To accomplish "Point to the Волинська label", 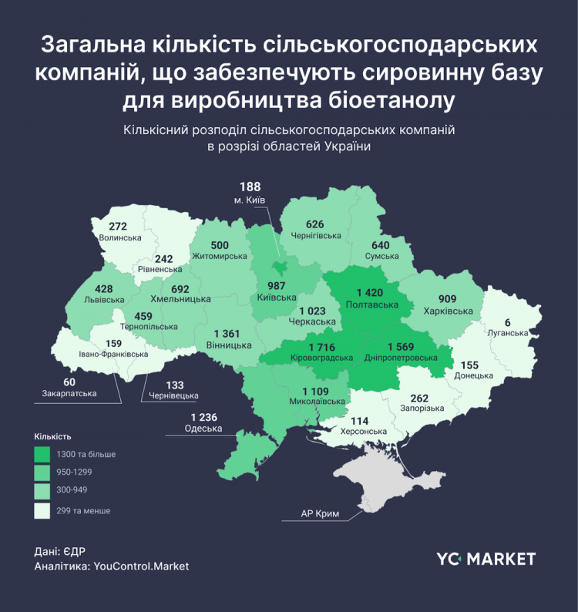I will tap(120, 238).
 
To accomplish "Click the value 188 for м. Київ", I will tap(250, 187).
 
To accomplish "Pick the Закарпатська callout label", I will tap(69, 393).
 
